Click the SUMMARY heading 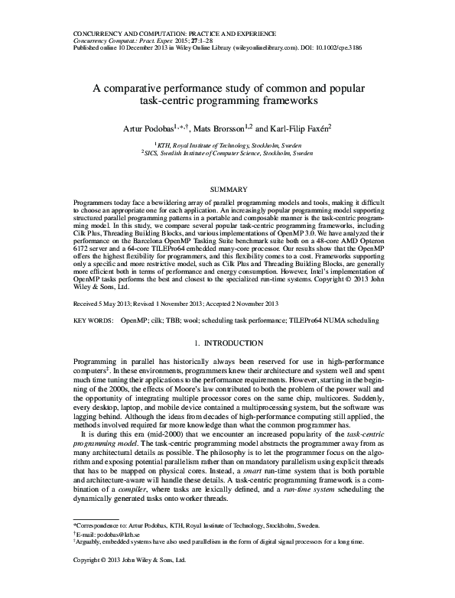pos(226,188)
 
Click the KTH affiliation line pos(226,144)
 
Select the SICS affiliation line pos(226,153)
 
